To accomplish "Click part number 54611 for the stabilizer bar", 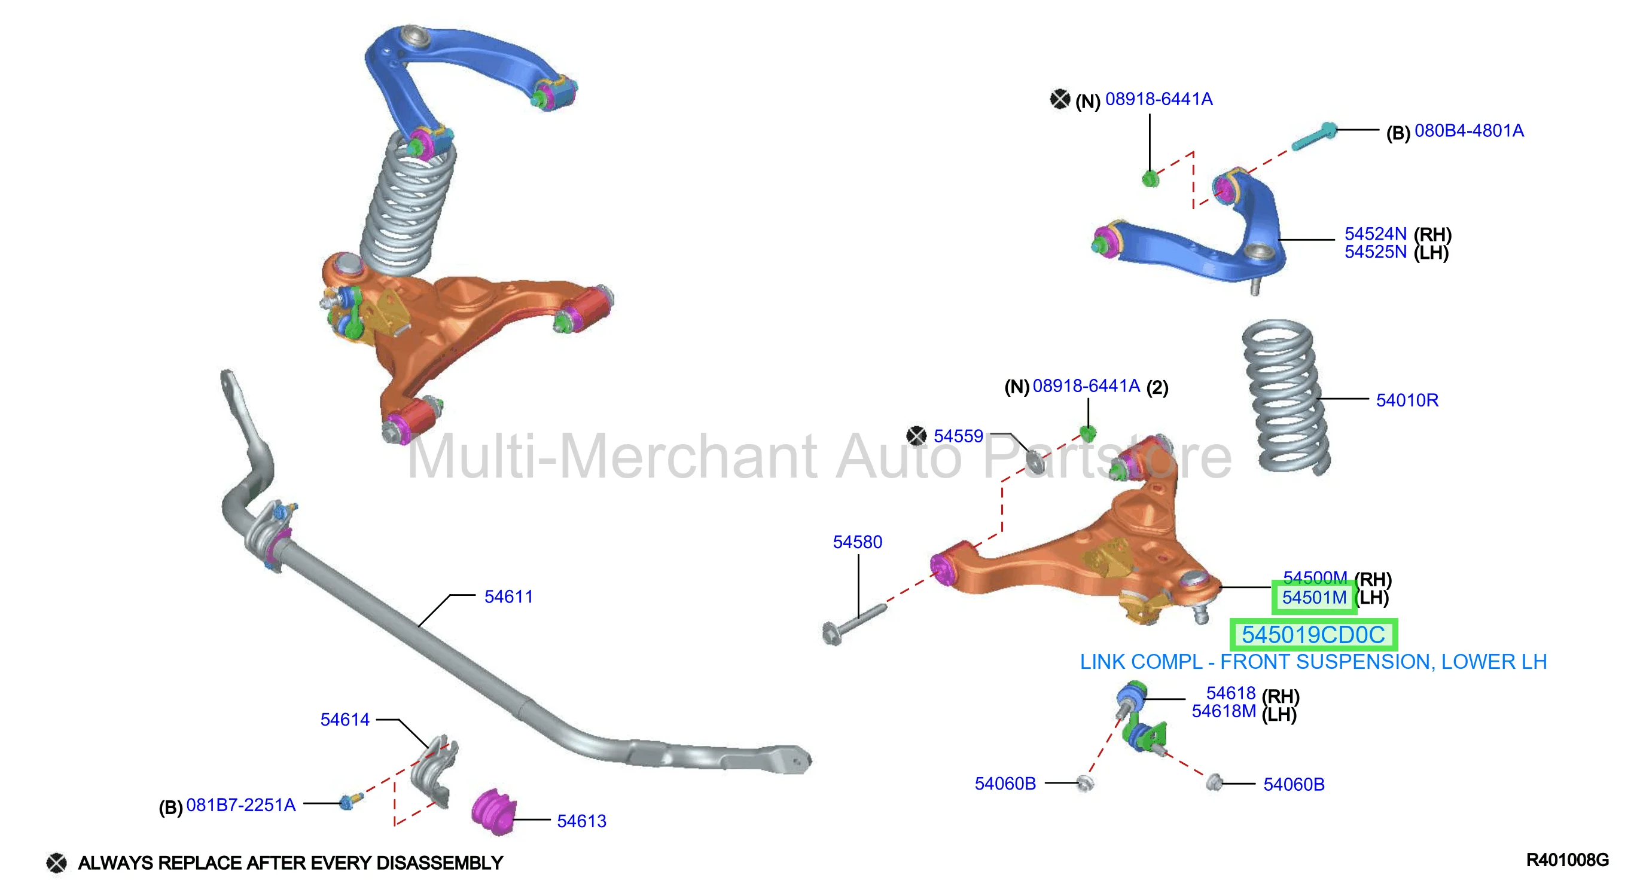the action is (x=508, y=597).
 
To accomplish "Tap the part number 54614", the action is (x=345, y=720).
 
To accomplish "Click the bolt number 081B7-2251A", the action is (x=240, y=805).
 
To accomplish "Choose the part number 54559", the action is (x=958, y=436).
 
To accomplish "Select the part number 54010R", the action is (x=1407, y=400).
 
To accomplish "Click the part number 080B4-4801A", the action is (x=1469, y=131).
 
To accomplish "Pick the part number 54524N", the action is (x=1375, y=234).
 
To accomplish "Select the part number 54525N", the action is (x=1375, y=252).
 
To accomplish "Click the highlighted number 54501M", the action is (x=1314, y=598).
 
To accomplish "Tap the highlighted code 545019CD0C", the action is (x=1313, y=634).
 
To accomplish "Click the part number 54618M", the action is (x=1224, y=711).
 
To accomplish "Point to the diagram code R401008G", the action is (x=1567, y=860).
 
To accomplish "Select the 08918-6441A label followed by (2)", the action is (x=1086, y=386).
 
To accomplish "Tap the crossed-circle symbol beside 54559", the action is (x=916, y=436).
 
